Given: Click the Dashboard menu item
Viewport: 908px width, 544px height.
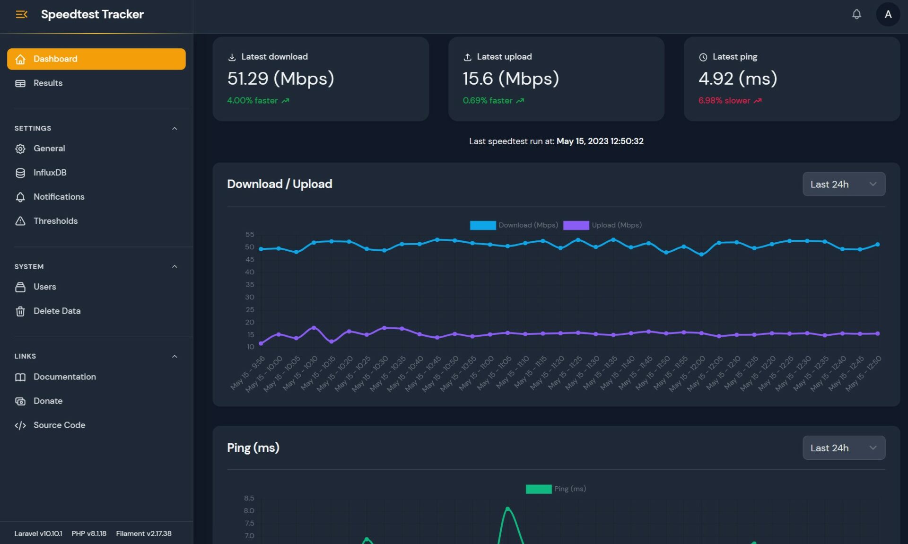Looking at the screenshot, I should coord(96,59).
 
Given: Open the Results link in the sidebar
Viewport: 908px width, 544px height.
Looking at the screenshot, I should coord(48,83).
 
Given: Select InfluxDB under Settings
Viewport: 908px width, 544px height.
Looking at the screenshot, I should coord(50,173).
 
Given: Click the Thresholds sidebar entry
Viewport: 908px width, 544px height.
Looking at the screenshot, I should coord(55,221).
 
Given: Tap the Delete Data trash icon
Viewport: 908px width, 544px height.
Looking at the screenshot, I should coord(20,311).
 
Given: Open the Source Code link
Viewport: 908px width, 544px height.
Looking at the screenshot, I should coord(59,425).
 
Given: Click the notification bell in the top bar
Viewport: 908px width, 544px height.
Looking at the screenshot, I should coord(856,14).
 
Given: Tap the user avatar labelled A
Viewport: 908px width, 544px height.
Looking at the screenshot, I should coord(888,14).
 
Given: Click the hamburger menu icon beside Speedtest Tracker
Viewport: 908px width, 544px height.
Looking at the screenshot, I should coord(21,14).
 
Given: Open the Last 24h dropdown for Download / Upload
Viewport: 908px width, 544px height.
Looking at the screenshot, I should coord(844,184).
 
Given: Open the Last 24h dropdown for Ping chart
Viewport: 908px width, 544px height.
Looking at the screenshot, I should coord(844,448).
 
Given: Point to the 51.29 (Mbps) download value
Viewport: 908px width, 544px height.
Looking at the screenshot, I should coord(280,79).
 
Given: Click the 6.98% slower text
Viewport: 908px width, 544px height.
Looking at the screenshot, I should coord(724,101).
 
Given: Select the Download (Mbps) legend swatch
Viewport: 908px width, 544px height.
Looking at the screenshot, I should coord(483,225).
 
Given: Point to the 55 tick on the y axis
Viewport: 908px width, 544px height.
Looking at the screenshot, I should coord(250,235).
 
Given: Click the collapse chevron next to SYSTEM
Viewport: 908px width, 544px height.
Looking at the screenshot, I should coord(175,267).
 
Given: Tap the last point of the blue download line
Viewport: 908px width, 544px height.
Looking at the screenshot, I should coord(878,245).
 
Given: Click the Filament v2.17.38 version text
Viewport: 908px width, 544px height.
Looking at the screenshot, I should coord(144,534).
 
